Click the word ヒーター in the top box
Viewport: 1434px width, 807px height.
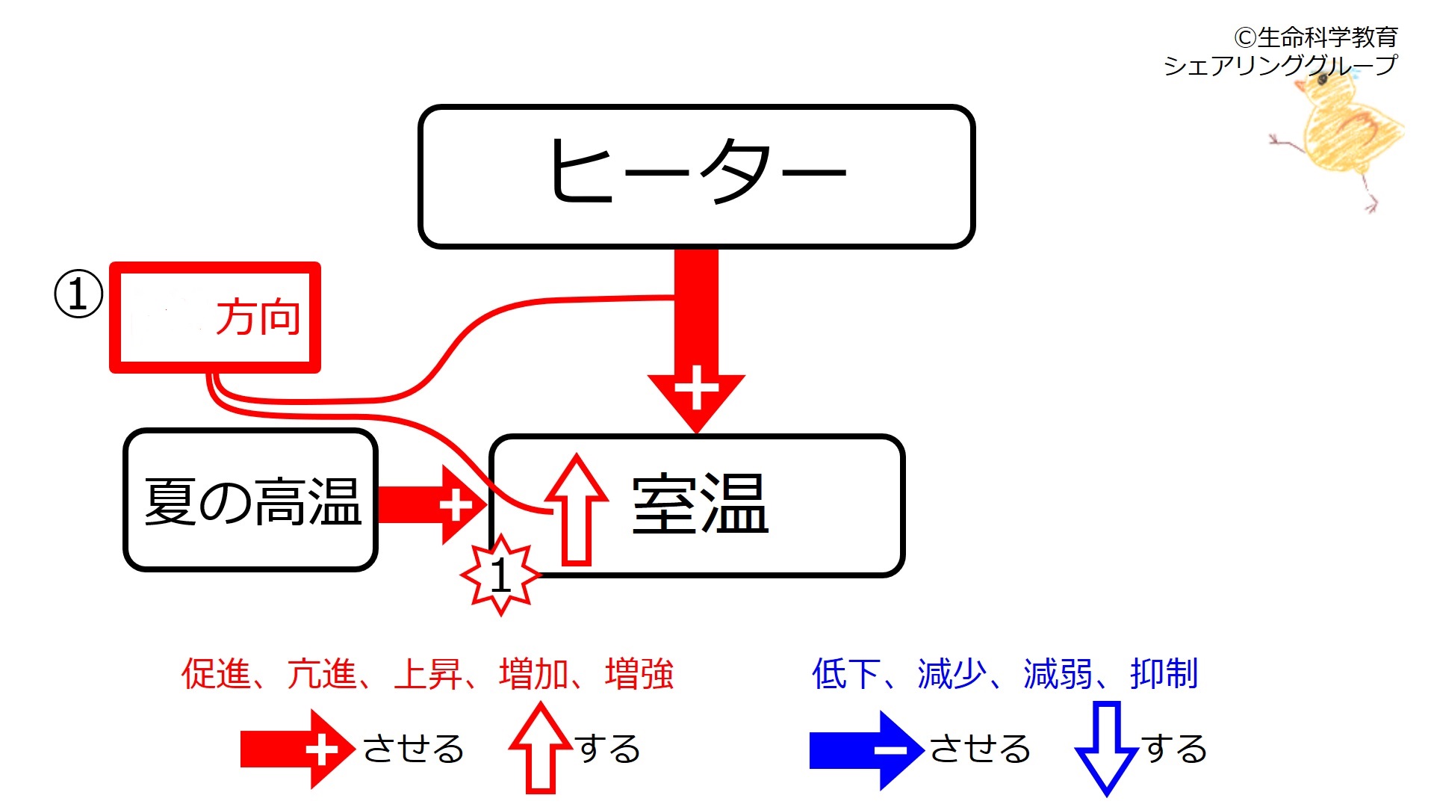pos(698,171)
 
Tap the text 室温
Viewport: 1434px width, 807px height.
pos(700,504)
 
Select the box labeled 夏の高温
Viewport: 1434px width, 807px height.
pos(250,500)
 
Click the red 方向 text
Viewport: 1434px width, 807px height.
pos(258,317)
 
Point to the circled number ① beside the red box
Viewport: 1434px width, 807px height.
pos(78,294)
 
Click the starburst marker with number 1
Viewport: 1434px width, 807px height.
pos(500,575)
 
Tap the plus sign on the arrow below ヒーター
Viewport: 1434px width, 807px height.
pos(696,388)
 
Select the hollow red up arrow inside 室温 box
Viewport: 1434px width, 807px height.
pos(576,509)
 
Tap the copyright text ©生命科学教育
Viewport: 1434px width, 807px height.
pos(1315,37)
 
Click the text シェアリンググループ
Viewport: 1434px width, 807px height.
pos(1280,66)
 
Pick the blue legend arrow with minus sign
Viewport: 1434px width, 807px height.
pos(867,750)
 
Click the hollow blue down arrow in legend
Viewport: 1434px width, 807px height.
pos(1106,748)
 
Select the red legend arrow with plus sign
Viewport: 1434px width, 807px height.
pos(297,749)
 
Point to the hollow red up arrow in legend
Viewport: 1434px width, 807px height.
pos(540,747)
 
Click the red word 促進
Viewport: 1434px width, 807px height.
pos(216,673)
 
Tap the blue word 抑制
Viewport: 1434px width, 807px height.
pos(1164,673)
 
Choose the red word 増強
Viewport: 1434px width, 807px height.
pos(639,673)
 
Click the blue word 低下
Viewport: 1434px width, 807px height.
pos(846,673)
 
